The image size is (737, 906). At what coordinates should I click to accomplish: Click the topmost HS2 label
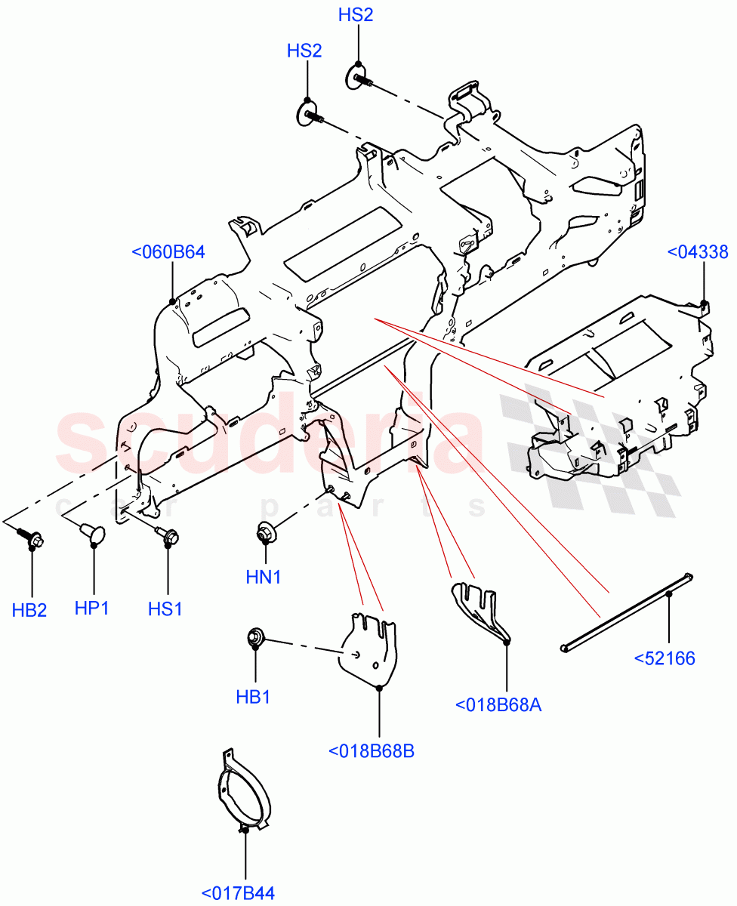tap(356, 15)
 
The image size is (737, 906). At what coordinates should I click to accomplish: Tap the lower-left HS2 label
tap(304, 51)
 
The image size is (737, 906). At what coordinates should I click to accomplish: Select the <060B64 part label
tap(168, 252)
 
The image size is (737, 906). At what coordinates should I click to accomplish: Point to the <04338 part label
tap(698, 252)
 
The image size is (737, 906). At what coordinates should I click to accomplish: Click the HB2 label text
tap(29, 610)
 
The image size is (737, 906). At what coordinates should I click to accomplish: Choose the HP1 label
tap(91, 608)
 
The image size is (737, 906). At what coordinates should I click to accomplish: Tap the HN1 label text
tap(264, 578)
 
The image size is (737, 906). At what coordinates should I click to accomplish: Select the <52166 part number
tap(665, 658)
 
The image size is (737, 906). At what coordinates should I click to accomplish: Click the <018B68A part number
tap(499, 705)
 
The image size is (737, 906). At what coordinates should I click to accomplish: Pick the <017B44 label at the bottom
tap(238, 894)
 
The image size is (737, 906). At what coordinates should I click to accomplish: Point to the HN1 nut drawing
tap(265, 534)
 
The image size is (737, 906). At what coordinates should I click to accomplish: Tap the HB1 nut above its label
tap(255, 638)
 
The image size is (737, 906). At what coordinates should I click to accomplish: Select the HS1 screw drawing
tap(167, 536)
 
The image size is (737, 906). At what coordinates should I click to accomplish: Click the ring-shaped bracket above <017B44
tap(239, 793)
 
